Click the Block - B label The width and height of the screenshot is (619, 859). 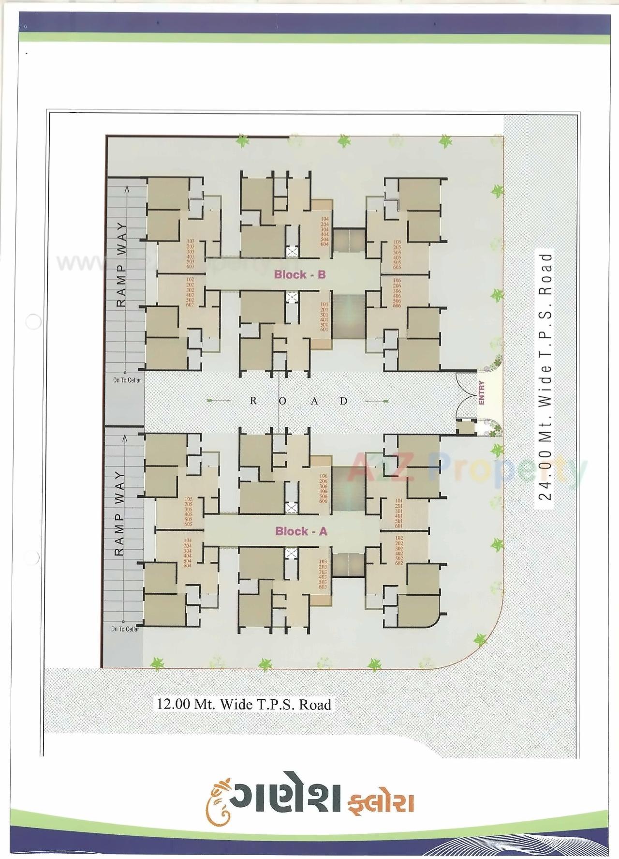click(300, 275)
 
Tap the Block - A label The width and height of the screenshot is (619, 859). click(301, 531)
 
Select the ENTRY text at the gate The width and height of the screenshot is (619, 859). click(482, 393)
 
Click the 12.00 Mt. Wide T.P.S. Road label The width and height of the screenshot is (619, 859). click(243, 704)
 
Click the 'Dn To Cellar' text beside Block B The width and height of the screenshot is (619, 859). click(127, 380)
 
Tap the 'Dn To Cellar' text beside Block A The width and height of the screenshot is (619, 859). click(125, 629)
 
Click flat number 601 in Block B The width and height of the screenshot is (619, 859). click(324, 330)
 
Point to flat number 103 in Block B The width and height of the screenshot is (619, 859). click(190, 241)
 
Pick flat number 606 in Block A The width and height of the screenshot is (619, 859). click(323, 501)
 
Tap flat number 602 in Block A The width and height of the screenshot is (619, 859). click(399, 563)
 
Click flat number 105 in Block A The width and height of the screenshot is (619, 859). click(188, 498)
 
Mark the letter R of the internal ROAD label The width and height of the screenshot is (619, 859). click(253, 401)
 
